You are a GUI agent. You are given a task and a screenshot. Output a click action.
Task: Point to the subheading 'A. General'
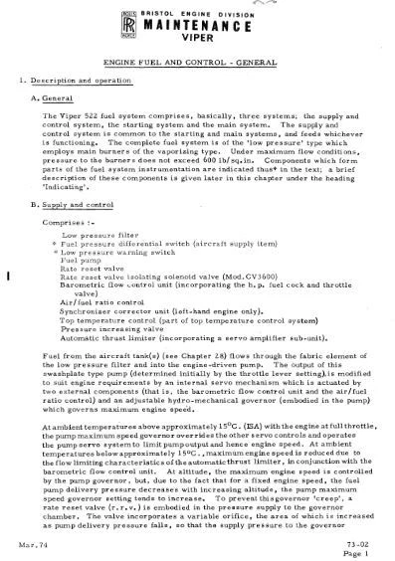[55, 99]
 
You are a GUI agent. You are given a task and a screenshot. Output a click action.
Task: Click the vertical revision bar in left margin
[8, 274]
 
